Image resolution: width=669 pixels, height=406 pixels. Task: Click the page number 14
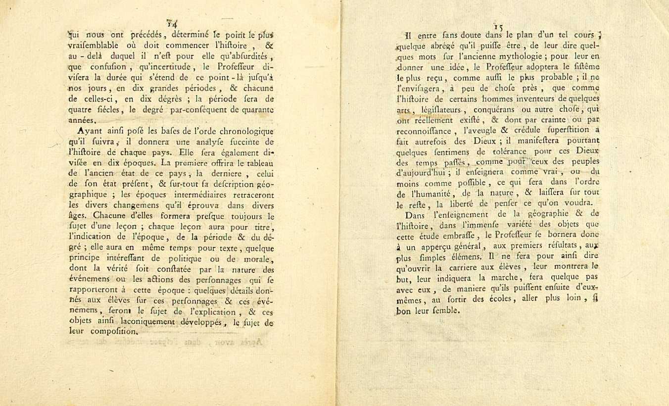point(172,23)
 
